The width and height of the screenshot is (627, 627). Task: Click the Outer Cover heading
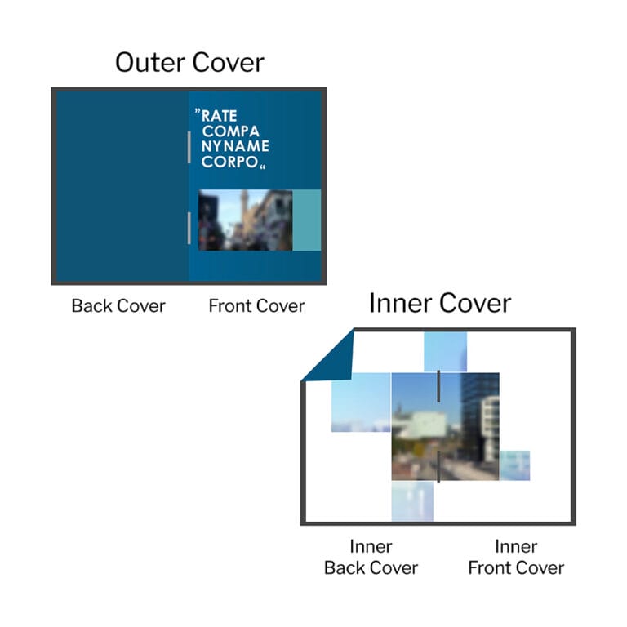[189, 62]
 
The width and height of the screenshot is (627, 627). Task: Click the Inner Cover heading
[440, 303]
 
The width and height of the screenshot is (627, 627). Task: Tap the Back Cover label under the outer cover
[118, 306]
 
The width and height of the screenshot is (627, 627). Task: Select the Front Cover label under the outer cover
[256, 306]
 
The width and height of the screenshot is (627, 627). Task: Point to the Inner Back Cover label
[371, 557]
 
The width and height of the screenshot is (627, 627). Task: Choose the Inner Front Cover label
[516, 557]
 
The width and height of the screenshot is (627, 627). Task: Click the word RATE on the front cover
[219, 116]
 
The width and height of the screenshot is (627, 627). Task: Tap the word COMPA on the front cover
[231, 131]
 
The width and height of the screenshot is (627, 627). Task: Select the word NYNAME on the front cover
[235, 146]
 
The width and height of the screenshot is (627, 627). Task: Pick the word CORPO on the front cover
[229, 162]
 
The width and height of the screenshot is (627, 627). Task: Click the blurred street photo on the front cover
[246, 220]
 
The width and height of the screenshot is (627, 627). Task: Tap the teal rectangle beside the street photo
[307, 220]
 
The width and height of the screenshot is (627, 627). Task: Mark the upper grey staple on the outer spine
[189, 147]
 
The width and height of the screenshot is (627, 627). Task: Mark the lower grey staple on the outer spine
[189, 229]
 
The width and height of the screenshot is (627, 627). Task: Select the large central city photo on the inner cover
[446, 427]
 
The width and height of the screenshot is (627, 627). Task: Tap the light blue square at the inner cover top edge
[445, 352]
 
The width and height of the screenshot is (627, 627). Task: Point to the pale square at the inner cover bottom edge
[412, 501]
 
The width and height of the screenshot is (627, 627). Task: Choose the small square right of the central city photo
[515, 465]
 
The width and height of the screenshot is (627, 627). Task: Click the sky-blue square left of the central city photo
[361, 402]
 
